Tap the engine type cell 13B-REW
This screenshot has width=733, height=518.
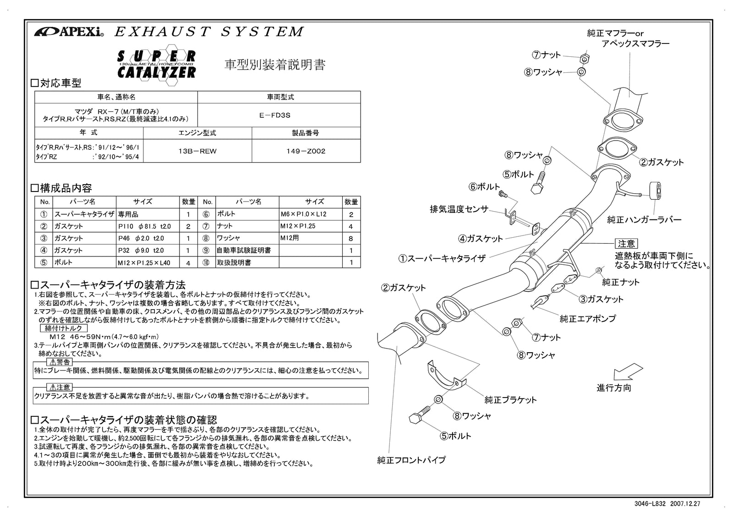point(197,151)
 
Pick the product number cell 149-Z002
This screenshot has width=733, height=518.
point(306,151)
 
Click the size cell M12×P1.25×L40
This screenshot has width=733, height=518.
point(147,262)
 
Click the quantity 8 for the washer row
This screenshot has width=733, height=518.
point(351,238)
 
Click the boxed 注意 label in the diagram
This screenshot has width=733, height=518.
point(626,244)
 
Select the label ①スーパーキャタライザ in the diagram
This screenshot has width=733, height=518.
point(442,258)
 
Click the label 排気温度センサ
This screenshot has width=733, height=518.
point(459,210)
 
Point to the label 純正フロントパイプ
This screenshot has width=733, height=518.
point(411,460)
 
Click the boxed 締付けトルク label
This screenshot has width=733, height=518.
point(63,328)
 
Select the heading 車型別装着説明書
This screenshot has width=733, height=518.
point(275,65)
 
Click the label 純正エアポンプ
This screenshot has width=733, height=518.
point(588,318)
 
